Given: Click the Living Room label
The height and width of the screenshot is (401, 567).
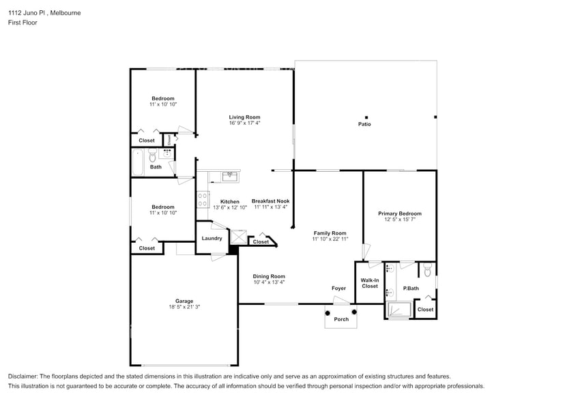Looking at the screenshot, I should (x=244, y=117).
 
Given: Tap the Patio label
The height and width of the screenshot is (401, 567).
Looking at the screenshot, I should (x=365, y=124).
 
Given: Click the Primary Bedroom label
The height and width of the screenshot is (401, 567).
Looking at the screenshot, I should (x=399, y=213).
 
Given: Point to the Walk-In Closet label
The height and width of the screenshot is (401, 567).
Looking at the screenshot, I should (x=369, y=283).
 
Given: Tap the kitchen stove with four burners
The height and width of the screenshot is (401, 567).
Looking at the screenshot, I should (x=203, y=199).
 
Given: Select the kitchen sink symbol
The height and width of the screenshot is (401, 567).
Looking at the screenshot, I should (x=230, y=175).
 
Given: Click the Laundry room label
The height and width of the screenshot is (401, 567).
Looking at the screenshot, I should (x=212, y=238).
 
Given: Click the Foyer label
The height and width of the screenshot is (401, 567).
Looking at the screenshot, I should (x=338, y=288).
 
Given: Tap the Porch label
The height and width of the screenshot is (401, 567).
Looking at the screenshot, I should (x=340, y=319).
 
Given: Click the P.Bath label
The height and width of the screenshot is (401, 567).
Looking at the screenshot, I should (x=411, y=288).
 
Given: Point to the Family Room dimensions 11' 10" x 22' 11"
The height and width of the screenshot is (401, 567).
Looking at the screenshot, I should (x=330, y=239).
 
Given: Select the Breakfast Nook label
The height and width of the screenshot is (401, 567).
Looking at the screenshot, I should (x=270, y=201).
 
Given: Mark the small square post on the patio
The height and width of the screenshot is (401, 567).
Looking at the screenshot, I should (x=366, y=117).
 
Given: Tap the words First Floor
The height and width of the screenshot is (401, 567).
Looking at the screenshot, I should (x=23, y=23).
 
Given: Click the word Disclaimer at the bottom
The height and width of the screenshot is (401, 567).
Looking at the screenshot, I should (x=25, y=376).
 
